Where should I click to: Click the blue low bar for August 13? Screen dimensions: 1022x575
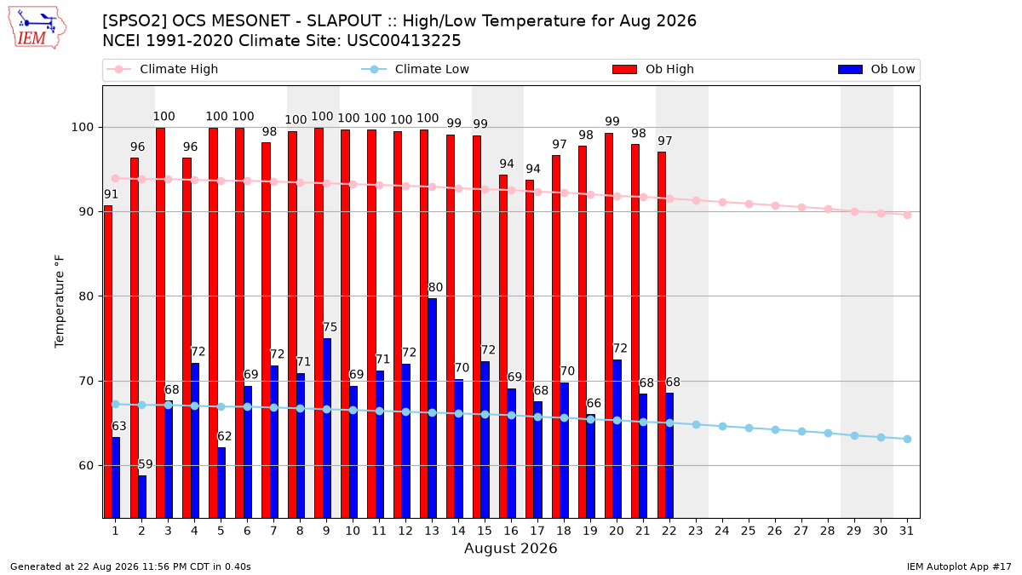pyautogui.click(x=432, y=408)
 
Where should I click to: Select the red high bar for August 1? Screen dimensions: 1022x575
pyautogui.click(x=108, y=362)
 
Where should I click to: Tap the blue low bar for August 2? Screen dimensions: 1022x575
pyautogui.click(x=142, y=497)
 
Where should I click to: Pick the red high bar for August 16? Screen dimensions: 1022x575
pyautogui.click(x=503, y=347)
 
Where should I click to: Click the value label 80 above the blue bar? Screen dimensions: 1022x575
pyautogui.click(x=435, y=288)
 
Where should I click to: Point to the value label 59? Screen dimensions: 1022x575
pyautogui.click(x=145, y=464)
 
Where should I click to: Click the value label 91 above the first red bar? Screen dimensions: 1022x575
pyautogui.click(x=111, y=194)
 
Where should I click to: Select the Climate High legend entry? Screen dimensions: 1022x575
pyautogui.click(x=163, y=69)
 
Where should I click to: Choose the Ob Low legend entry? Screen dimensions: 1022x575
pyautogui.click(x=876, y=69)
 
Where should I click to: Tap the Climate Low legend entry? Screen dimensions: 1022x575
pyautogui.click(x=416, y=69)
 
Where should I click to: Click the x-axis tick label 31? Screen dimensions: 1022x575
pyautogui.click(x=906, y=531)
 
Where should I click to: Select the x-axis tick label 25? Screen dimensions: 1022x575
pyautogui.click(x=749, y=531)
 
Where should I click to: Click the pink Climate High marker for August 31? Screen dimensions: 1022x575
pyautogui.click(x=907, y=215)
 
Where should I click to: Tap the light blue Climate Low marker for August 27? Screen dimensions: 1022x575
pyautogui.click(x=801, y=431)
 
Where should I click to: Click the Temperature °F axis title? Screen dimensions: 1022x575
pyautogui.click(x=60, y=302)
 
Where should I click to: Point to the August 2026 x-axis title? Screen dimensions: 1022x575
pyautogui.click(x=510, y=548)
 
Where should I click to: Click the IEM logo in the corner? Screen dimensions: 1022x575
pyautogui.click(x=37, y=28)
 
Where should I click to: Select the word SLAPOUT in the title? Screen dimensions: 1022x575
pyautogui.click(x=343, y=21)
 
